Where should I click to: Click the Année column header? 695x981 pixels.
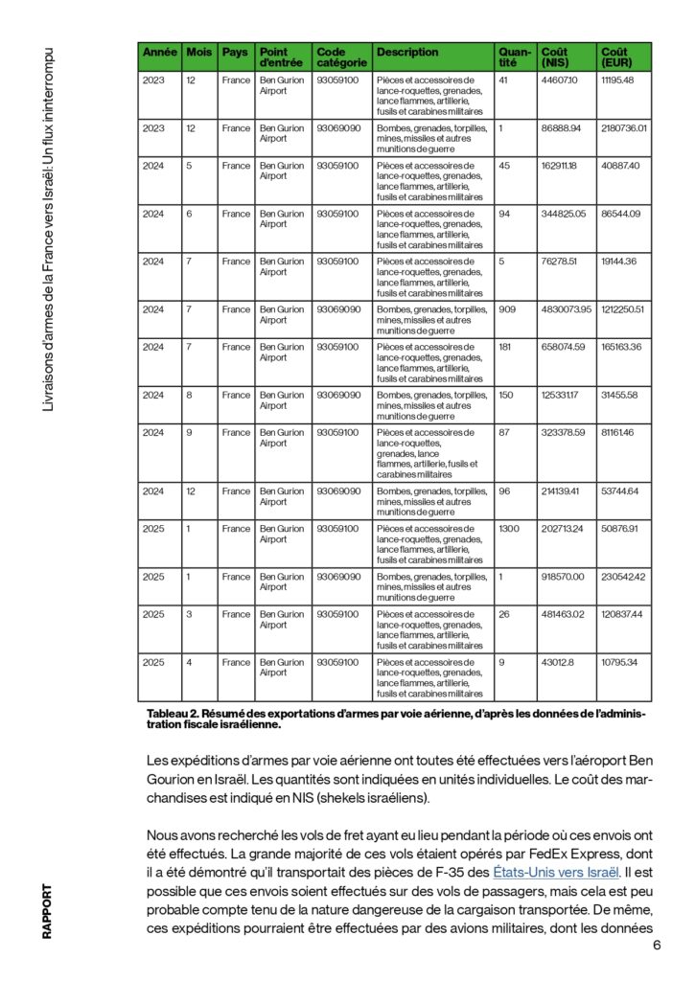(159, 52)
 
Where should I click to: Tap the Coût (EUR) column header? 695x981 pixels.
(615, 57)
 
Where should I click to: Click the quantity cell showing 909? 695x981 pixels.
(509, 309)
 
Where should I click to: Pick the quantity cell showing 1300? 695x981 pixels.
(511, 529)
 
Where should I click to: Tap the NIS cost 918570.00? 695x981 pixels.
(567, 577)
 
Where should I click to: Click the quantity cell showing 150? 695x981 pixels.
(508, 395)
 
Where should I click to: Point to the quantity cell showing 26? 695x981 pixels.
(505, 614)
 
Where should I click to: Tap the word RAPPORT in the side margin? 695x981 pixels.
(46, 911)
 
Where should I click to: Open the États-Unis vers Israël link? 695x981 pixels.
(543, 871)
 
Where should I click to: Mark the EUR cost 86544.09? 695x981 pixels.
(620, 214)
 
